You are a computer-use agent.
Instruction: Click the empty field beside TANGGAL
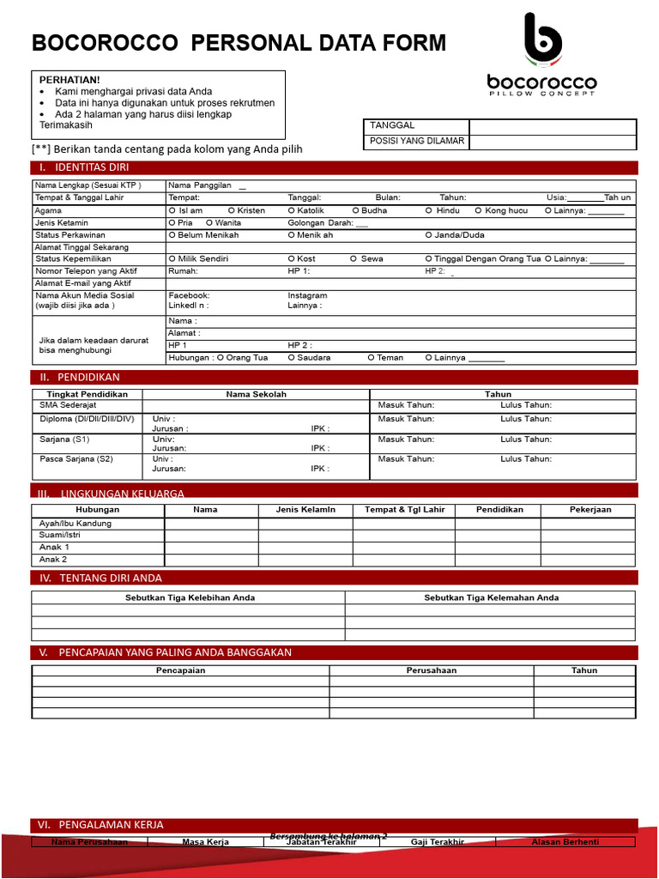(x=553, y=127)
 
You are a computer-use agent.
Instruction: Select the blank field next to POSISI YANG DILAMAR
(x=553, y=142)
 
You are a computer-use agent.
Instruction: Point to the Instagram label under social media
(x=307, y=295)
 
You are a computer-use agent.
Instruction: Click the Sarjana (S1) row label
(x=64, y=439)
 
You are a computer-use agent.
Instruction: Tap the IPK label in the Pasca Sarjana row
(x=319, y=469)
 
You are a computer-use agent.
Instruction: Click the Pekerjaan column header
(x=590, y=509)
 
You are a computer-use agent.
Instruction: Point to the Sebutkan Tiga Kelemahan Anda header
(x=491, y=597)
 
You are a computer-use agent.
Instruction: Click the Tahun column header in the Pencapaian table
(x=584, y=670)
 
